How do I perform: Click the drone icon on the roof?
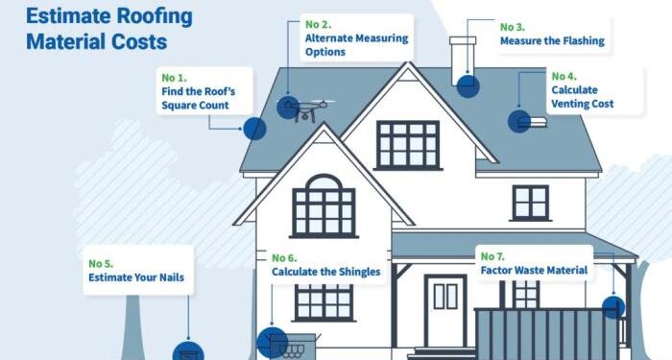click(x=305, y=108)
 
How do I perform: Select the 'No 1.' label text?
click(x=174, y=78)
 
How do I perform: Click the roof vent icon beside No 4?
click(x=532, y=122)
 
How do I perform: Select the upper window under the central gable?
click(x=408, y=144)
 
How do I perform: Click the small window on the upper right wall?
click(x=530, y=203)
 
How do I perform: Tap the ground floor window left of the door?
click(x=324, y=301)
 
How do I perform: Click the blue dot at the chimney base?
click(x=468, y=87)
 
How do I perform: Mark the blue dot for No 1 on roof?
click(x=254, y=130)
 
